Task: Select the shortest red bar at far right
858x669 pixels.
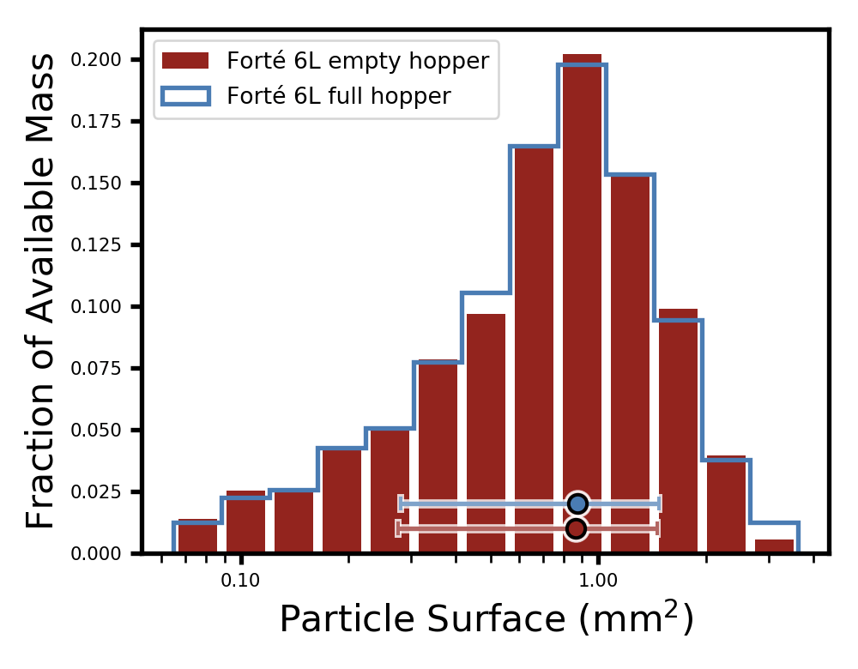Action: pos(774,545)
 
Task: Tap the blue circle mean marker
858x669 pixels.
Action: pos(577,503)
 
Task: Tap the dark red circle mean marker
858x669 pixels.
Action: pos(576,528)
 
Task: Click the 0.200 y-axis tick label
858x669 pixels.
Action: pos(96,60)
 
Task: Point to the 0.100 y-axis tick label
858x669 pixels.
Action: pos(96,307)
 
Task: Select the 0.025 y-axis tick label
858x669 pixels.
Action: pos(96,492)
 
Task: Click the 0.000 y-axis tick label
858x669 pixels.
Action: pos(96,554)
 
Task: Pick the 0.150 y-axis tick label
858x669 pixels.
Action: pos(96,184)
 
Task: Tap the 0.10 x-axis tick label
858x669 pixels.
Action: pos(241,580)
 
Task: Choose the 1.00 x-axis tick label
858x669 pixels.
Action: pos(599,580)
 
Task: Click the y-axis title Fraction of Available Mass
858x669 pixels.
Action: pos(41,292)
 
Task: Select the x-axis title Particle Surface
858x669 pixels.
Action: pos(486,619)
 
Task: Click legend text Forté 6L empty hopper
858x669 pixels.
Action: pos(358,62)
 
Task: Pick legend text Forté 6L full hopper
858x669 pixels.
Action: pos(338,96)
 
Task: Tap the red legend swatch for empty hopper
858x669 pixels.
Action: pos(185,61)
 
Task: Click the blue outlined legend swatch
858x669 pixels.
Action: pos(185,96)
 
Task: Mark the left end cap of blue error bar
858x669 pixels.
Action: pos(401,503)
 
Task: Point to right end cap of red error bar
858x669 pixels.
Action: pos(657,528)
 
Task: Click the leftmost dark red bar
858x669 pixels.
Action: pos(197,536)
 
